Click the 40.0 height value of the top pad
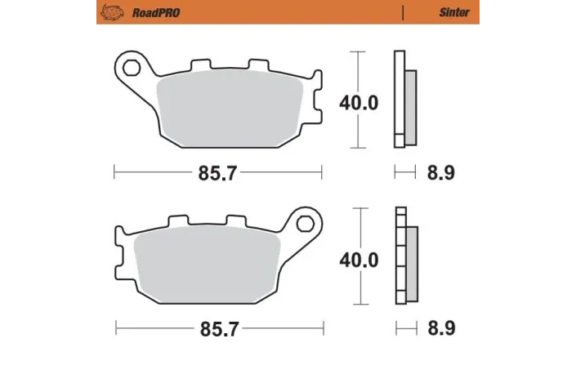click(359, 103)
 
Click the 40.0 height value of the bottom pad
click(359, 260)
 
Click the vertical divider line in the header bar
click(404, 13)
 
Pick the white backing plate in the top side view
click(399, 98)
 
